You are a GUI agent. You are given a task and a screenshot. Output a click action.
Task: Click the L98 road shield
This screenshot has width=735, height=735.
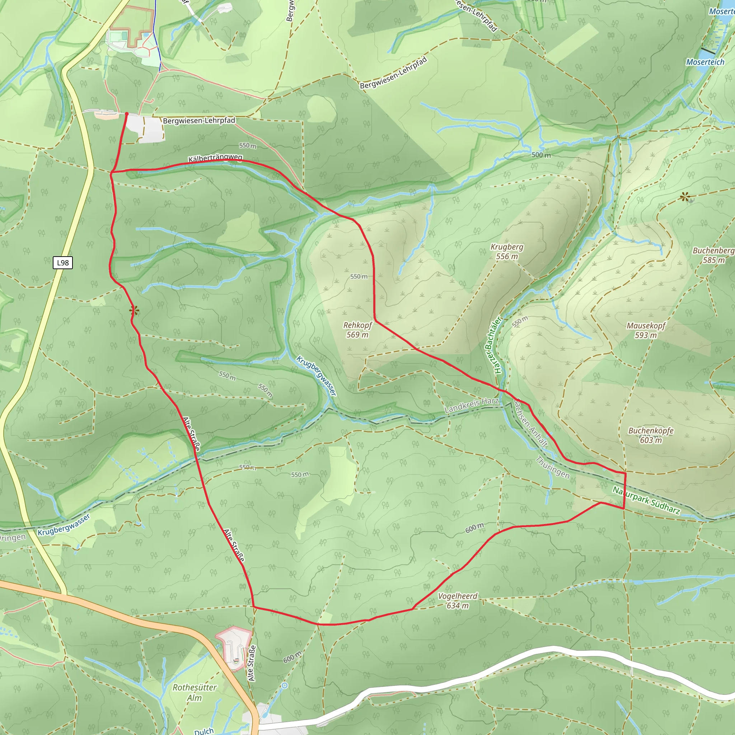coord(63,262)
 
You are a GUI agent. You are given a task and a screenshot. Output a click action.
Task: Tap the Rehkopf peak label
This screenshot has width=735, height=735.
coord(357,330)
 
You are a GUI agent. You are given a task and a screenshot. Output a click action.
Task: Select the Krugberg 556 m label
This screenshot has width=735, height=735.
coord(507,252)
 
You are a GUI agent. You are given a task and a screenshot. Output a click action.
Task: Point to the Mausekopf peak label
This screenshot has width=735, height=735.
coord(646,330)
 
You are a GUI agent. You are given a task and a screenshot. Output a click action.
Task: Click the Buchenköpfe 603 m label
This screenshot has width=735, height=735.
coord(651,435)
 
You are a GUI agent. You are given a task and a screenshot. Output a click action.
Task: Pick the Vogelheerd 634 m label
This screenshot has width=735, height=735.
coord(457,601)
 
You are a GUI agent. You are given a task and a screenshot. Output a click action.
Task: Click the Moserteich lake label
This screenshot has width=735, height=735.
coord(705,62)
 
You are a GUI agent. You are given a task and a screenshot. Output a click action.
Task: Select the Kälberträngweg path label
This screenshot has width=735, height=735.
coord(215,158)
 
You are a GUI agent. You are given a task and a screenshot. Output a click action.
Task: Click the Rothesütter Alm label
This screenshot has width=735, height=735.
coord(195,692)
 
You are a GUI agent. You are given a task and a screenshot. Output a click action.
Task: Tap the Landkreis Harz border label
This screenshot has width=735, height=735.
coord(471,405)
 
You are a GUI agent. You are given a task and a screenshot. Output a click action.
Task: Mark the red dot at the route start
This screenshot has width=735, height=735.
coord(127,113)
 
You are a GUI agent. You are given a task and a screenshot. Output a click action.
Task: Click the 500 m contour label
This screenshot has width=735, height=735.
coord(541,155)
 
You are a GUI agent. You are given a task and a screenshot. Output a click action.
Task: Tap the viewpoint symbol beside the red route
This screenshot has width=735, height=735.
coord(134,311)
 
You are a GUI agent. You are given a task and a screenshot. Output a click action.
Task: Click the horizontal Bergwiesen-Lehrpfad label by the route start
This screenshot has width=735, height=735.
coord(199,121)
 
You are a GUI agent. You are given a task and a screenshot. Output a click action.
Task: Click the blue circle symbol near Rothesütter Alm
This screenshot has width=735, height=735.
coord(285,685)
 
